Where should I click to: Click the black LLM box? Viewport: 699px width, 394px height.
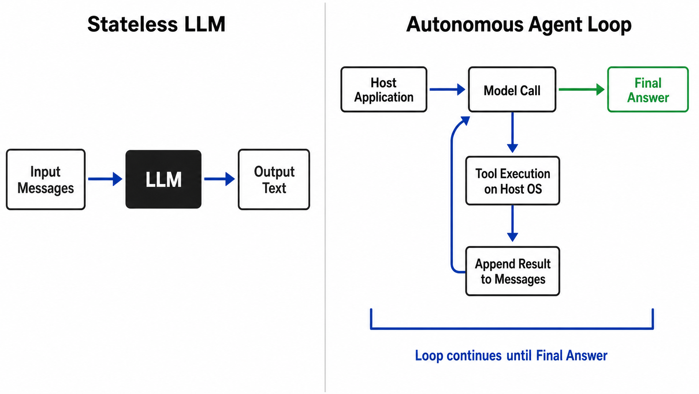tap(163, 179)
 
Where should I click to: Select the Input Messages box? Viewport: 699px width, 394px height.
tap(46, 179)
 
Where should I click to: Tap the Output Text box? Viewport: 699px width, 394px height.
tap(274, 179)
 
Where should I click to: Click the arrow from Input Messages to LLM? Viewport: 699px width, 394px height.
tap(105, 179)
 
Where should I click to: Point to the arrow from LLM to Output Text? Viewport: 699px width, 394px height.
tap(219, 179)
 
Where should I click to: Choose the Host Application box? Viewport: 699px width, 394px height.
tap(384, 90)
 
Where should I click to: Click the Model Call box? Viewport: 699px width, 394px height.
tap(512, 90)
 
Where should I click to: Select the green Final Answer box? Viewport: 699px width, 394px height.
tap(648, 90)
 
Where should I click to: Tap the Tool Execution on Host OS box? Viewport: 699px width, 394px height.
tap(513, 181)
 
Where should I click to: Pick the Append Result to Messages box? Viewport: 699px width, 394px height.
tap(513, 271)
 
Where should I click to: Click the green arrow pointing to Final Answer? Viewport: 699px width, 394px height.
tap(582, 89)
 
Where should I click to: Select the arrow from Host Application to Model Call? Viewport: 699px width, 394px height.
tap(447, 89)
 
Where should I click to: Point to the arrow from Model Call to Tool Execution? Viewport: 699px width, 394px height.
tap(513, 132)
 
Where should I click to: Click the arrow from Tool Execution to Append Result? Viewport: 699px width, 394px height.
tap(513, 224)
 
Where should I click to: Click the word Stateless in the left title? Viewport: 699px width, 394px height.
tap(133, 24)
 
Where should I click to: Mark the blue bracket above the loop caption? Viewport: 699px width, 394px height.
tap(512, 328)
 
